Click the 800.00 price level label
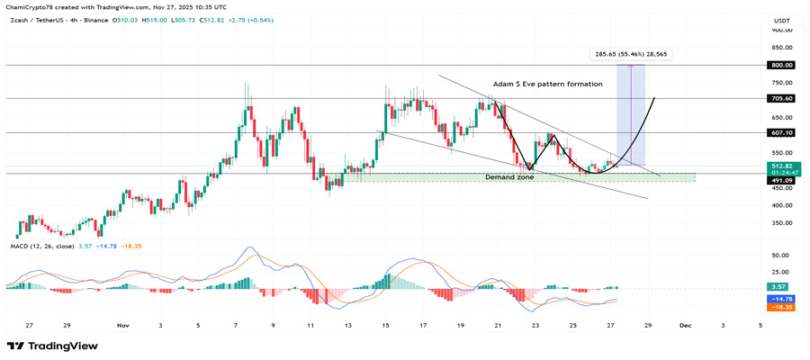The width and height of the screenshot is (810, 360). point(782,65)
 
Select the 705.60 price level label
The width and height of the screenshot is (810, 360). point(782,98)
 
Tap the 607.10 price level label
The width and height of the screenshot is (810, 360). point(782,132)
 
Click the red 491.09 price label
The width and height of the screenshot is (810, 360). point(782,180)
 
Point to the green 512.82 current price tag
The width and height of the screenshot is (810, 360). point(782,166)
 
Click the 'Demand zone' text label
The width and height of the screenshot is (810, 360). point(509,177)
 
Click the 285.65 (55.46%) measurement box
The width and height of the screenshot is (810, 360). point(632,54)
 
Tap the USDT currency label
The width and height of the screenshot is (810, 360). point(781,19)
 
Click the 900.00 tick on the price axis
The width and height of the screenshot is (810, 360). point(782,30)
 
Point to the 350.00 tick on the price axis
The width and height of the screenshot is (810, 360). point(782,222)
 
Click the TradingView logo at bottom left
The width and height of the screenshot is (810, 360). point(52,346)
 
